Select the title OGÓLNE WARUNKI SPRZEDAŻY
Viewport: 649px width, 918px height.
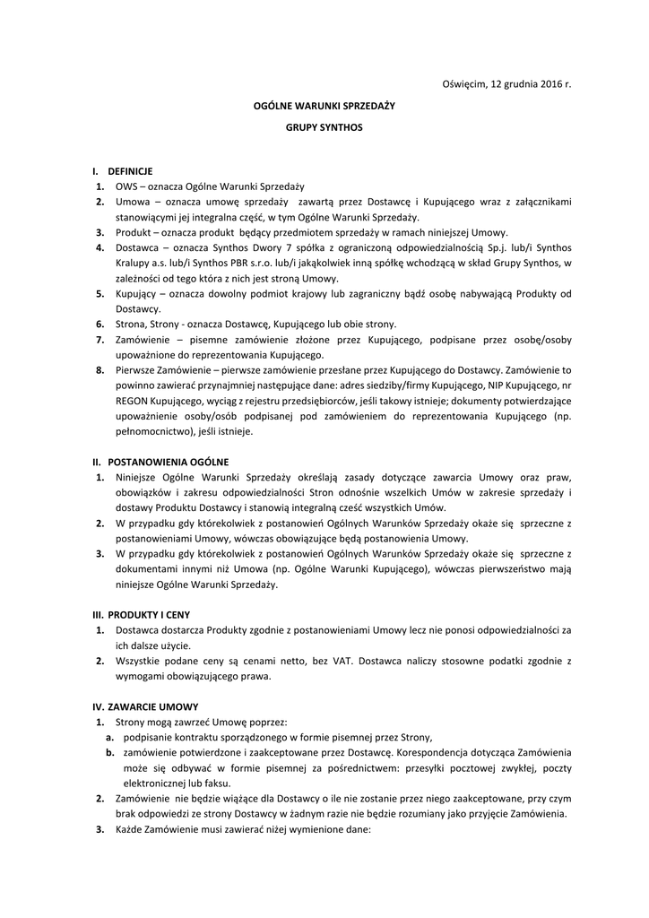(x=324, y=106)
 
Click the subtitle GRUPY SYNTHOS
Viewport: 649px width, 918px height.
(x=324, y=127)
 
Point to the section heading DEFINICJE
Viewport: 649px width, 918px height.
(x=131, y=170)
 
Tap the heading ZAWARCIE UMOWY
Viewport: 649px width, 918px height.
(x=151, y=706)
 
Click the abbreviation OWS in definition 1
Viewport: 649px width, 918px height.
(x=126, y=186)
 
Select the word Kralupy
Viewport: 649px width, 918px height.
(x=134, y=262)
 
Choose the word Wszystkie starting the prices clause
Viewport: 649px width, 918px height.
(x=141, y=662)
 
